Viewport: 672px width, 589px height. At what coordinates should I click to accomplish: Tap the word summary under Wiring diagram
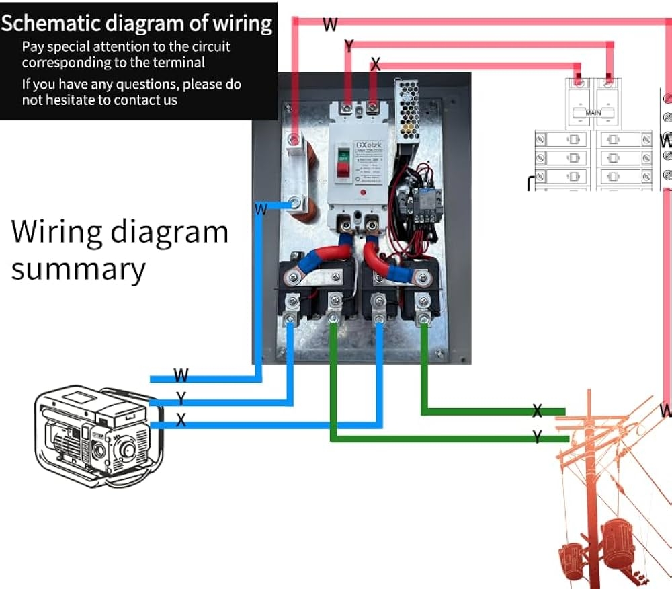click(x=78, y=269)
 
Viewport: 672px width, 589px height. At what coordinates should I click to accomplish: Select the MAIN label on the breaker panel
click(x=593, y=113)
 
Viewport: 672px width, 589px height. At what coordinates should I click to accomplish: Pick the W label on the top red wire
click(x=330, y=25)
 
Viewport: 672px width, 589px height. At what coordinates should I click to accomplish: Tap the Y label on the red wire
click(x=349, y=46)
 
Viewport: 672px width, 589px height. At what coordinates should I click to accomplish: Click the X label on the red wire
click(x=375, y=65)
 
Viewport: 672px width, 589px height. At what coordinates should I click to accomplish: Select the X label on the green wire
click(x=537, y=411)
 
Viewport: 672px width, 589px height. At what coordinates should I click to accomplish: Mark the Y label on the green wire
click(x=537, y=438)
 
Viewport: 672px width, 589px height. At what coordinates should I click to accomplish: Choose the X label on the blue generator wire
click(x=181, y=420)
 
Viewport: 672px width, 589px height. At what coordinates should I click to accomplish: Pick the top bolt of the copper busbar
click(x=294, y=140)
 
